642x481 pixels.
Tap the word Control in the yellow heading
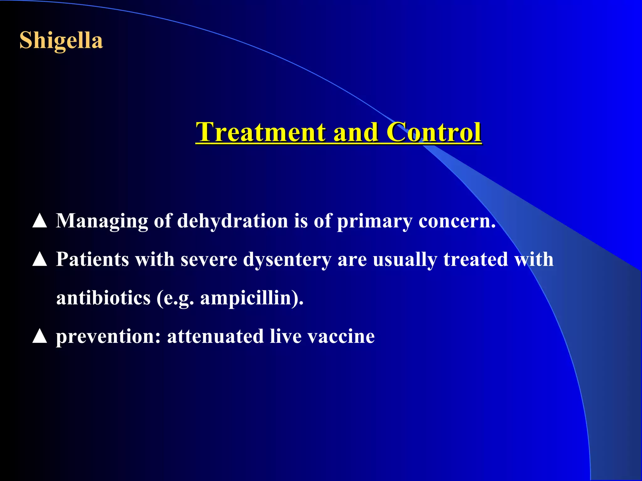434,132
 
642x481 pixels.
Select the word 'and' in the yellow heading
355,132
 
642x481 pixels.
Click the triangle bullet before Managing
40,221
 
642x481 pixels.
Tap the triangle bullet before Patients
40,260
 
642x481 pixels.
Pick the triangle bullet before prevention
40,336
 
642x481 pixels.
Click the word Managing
102,221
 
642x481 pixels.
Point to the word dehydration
232,221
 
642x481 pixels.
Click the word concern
456,221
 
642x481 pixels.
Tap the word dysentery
287,260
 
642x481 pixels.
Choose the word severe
209,260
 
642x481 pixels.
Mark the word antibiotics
103,298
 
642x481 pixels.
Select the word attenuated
215,337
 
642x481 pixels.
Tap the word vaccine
341,337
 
